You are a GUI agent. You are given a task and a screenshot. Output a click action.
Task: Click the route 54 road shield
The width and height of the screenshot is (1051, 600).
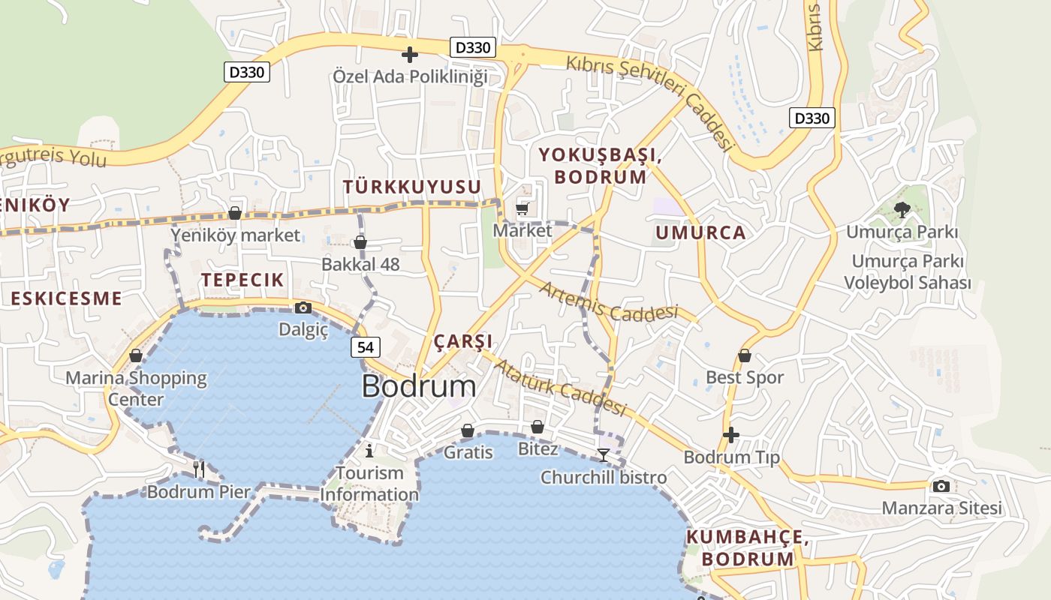click(x=365, y=347)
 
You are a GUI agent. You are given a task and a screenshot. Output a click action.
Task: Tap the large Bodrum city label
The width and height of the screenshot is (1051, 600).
click(x=418, y=386)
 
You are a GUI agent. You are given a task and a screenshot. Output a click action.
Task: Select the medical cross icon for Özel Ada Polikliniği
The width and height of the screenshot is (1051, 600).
click(x=410, y=55)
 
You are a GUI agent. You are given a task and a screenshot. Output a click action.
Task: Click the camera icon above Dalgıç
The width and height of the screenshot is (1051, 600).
click(x=303, y=307)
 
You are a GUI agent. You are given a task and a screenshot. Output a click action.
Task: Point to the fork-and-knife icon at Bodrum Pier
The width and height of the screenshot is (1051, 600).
click(x=199, y=469)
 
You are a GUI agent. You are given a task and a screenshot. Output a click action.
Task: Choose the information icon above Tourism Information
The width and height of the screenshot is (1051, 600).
click(x=369, y=451)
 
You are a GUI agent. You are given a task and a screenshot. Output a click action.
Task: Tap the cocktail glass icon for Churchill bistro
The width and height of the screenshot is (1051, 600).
click(x=603, y=454)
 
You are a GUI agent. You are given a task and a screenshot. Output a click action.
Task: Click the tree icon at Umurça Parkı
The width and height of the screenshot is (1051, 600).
click(x=902, y=210)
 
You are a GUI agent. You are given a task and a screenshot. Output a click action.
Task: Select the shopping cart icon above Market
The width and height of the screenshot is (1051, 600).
click(x=522, y=208)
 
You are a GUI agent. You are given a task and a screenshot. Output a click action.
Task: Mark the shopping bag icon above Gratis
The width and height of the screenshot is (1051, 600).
click(x=468, y=430)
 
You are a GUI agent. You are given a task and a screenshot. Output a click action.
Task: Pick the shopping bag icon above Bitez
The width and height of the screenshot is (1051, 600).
click(x=538, y=427)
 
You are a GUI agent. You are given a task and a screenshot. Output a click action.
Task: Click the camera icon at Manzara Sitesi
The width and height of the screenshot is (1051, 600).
click(x=941, y=486)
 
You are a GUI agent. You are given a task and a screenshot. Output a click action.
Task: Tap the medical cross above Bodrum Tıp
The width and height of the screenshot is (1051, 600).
click(x=731, y=435)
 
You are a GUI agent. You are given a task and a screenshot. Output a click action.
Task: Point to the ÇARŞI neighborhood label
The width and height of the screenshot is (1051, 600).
click(x=463, y=342)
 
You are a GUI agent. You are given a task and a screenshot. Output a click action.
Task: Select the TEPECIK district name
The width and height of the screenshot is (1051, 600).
click(x=242, y=280)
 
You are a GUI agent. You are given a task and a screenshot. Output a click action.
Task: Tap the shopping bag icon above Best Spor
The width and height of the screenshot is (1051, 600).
click(x=745, y=355)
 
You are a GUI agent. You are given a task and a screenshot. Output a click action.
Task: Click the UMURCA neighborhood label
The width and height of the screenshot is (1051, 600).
click(x=700, y=232)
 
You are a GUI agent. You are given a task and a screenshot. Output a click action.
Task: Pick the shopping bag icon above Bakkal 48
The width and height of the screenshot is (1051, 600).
click(x=360, y=242)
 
